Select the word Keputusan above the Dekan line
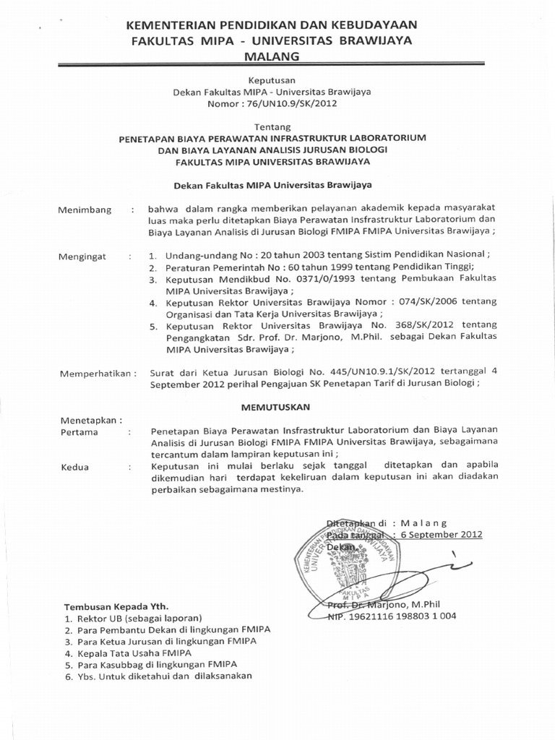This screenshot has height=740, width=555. tap(272, 81)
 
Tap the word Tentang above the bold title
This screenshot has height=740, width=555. tap(272, 126)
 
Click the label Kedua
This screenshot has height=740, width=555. tap(75, 466)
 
